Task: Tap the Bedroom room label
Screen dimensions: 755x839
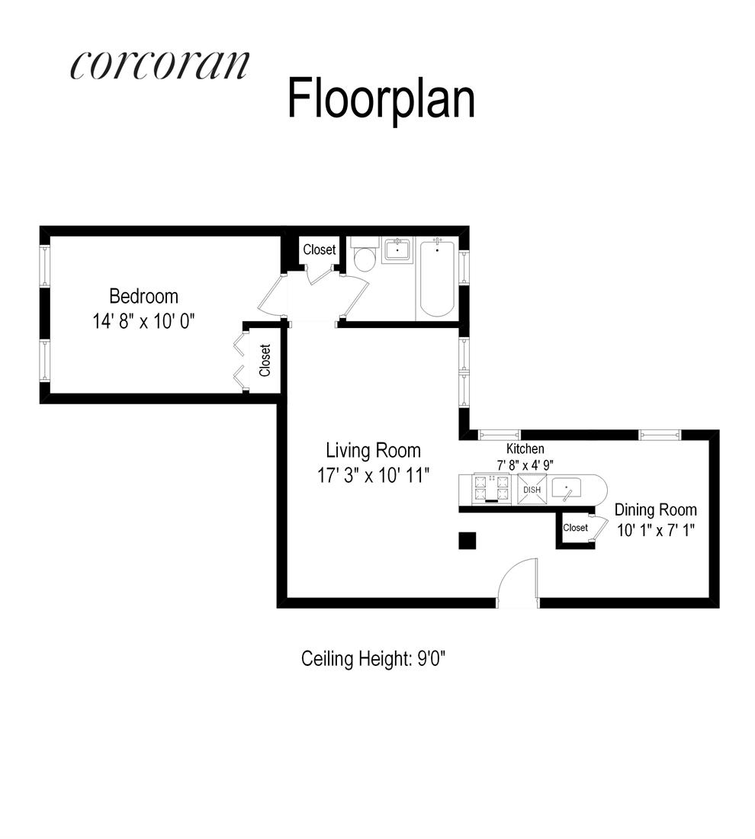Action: click(143, 295)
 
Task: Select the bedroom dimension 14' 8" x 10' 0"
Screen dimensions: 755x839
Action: click(144, 320)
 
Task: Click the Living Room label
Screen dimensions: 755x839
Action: click(373, 450)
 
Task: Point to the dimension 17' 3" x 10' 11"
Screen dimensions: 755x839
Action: click(374, 475)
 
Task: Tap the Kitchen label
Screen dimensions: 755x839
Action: click(525, 449)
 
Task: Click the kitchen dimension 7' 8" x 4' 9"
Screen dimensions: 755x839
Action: click(525, 464)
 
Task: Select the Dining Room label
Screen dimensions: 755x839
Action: click(656, 510)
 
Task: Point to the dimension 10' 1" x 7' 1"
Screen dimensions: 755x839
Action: click(656, 529)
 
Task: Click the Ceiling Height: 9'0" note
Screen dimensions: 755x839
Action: click(373, 658)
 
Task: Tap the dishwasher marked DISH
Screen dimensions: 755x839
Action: click(532, 489)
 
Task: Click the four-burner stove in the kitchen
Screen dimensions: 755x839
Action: click(492, 488)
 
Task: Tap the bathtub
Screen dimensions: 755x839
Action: click(436, 279)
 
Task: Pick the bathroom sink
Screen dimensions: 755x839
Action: click(397, 249)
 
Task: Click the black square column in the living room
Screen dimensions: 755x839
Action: click(467, 540)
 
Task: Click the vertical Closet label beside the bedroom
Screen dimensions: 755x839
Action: click(265, 360)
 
